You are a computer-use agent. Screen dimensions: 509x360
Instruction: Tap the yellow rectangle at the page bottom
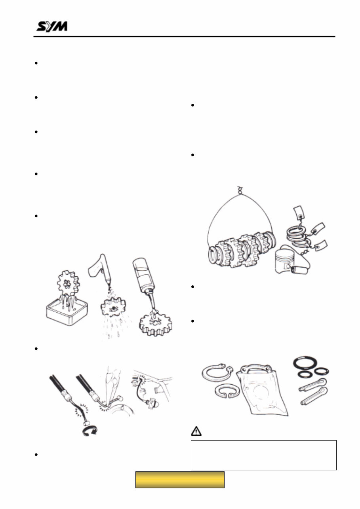click(180, 479)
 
